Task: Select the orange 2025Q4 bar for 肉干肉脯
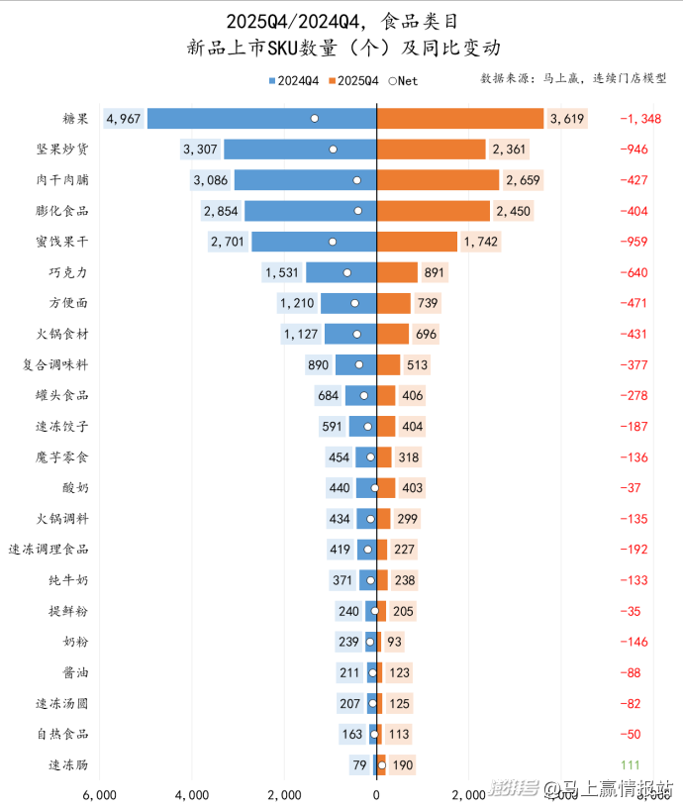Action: [x=438, y=180]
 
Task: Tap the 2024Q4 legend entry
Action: [x=293, y=81]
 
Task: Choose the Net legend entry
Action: [x=401, y=81]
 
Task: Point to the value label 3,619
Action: [x=567, y=119]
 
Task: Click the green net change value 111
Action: [x=630, y=765]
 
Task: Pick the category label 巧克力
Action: [x=68, y=272]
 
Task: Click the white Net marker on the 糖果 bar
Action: [x=315, y=119]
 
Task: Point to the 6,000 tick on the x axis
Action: [x=100, y=794]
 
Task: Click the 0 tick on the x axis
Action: [x=376, y=794]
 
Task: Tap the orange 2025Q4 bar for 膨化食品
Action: [x=434, y=211]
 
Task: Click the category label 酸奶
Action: [x=75, y=488]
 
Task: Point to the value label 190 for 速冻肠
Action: [x=402, y=765]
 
